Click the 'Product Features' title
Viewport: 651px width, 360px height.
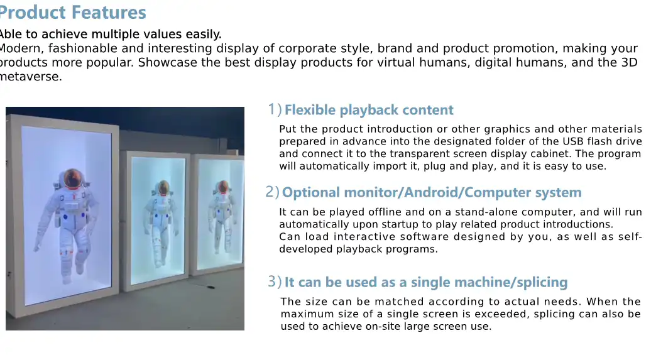pos(73,13)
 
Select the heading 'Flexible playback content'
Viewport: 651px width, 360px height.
pos(368,111)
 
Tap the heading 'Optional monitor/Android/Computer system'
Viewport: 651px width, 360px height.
pos(431,193)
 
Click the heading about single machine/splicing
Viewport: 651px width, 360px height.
pos(425,283)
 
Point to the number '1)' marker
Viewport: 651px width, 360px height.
pos(274,110)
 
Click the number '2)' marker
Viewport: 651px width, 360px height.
pos(272,192)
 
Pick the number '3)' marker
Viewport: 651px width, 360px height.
pos(274,282)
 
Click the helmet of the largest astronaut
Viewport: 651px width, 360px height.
pos(74,178)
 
